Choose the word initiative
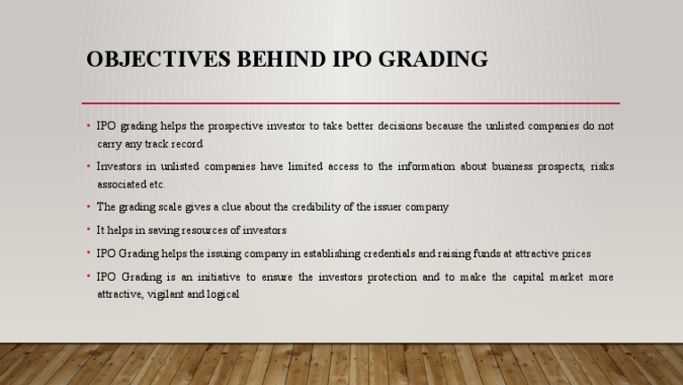(x=237, y=277)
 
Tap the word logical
(x=222, y=293)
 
